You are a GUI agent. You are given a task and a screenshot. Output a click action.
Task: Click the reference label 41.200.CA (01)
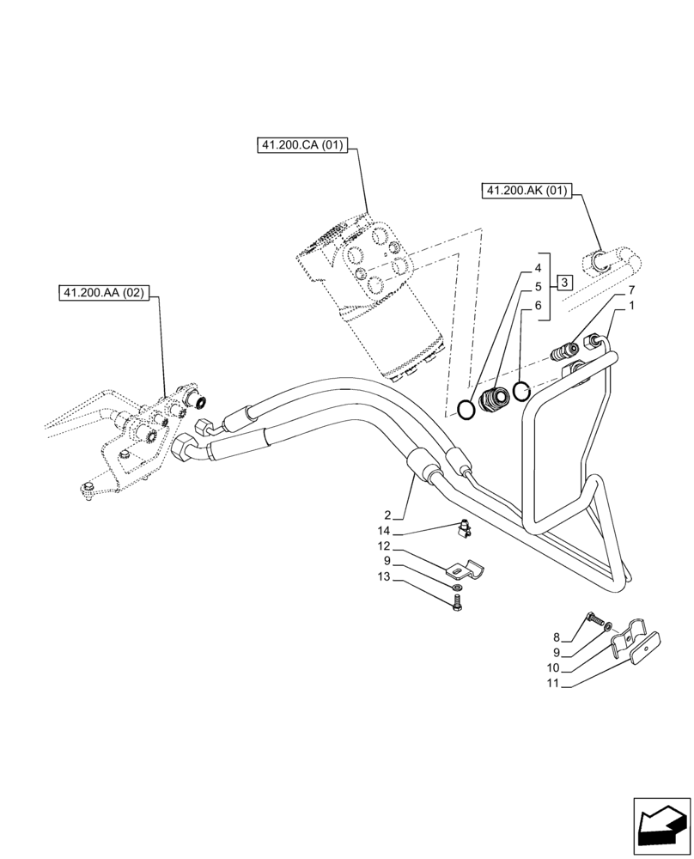[x=301, y=145]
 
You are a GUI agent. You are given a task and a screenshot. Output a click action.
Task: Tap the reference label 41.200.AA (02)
[x=105, y=293]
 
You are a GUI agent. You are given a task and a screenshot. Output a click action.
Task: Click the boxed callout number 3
[x=563, y=282]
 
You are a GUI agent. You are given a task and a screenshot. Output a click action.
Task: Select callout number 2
[x=388, y=515]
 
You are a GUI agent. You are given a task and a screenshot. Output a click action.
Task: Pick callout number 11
[x=553, y=684]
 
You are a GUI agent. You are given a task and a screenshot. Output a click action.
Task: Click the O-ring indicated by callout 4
[x=465, y=410]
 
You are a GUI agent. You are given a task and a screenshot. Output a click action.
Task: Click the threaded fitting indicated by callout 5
[x=496, y=401]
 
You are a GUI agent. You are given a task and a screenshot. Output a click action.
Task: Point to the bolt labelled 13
[x=456, y=604]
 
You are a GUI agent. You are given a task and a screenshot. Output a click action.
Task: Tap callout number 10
[x=553, y=667]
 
